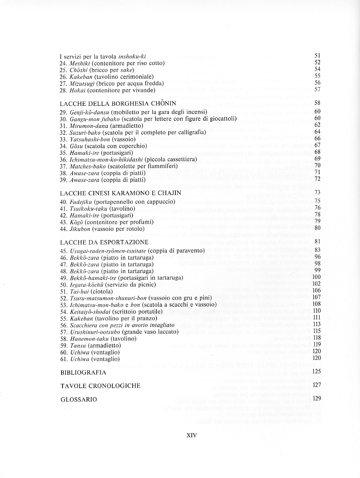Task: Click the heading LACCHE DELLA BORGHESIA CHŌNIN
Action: (118, 103)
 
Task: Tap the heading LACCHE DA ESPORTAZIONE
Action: (104, 241)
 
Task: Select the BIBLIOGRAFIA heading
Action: (83, 372)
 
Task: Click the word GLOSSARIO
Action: (79, 399)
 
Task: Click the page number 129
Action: (316, 399)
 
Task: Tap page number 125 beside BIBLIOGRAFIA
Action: (316, 372)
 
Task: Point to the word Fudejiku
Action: (81, 201)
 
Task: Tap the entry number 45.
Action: (63, 250)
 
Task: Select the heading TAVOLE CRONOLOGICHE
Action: (100, 386)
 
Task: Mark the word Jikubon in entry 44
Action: (80, 228)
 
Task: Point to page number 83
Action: (317, 250)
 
